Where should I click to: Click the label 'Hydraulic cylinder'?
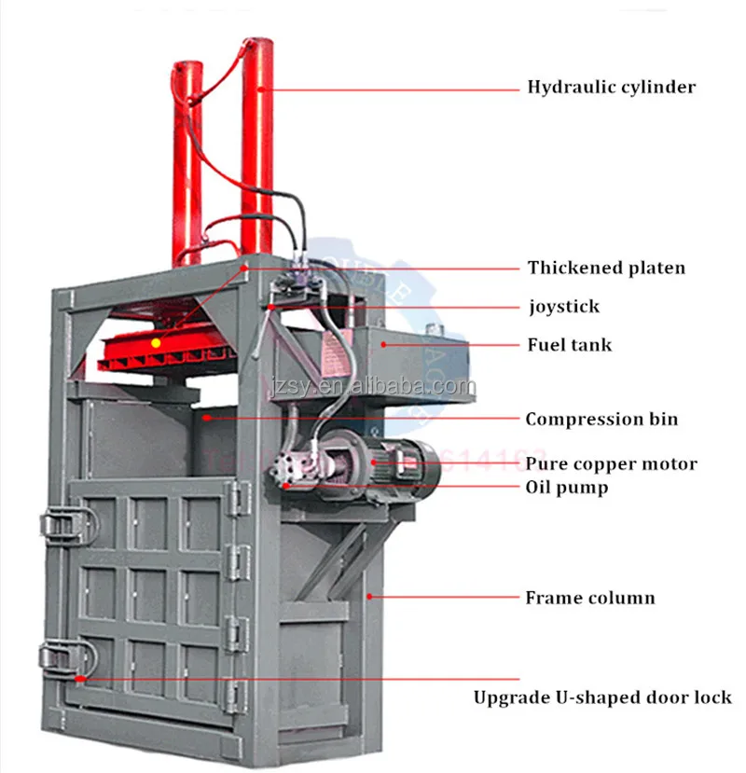point(611,88)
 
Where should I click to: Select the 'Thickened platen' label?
point(606,269)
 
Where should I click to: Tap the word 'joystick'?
point(563,306)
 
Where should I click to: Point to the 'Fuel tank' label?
point(569,345)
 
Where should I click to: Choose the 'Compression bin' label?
point(601,420)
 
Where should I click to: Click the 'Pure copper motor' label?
point(611,463)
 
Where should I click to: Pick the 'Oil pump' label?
point(567,487)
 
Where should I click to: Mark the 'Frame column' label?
point(589,598)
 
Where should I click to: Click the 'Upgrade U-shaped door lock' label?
point(602,697)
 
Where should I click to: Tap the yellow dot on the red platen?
point(157,342)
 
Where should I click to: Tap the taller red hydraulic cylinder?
point(256,140)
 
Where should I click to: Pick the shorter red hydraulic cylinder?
point(186,159)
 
